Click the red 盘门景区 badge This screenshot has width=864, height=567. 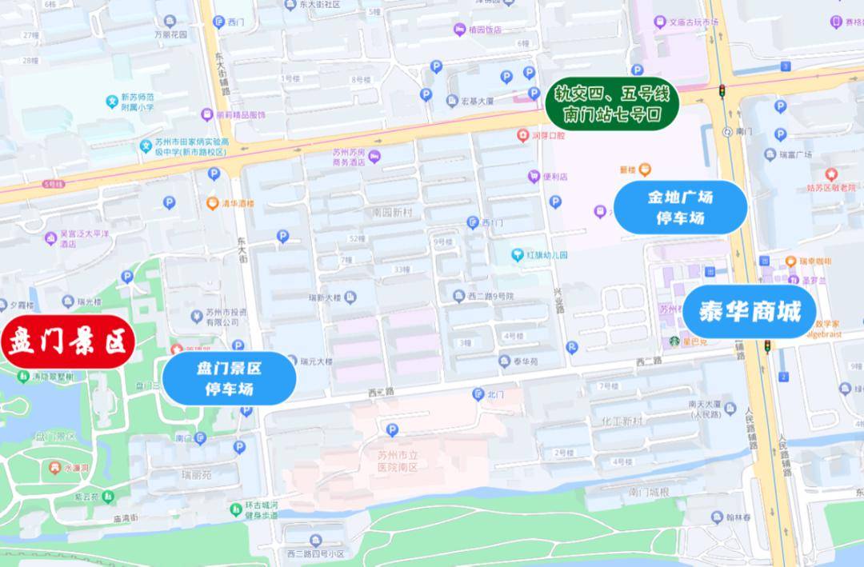click(68, 343)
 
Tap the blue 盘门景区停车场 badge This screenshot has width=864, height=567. click(230, 378)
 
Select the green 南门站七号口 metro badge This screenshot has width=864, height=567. click(613, 105)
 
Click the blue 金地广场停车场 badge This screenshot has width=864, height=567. click(680, 206)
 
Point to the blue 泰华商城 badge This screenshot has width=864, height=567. click(750, 312)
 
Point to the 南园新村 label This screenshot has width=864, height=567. click(392, 214)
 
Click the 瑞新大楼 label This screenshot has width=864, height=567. click(326, 297)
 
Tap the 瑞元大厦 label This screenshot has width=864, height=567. click(316, 361)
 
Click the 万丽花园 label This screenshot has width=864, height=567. click(170, 35)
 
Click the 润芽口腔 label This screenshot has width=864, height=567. click(548, 135)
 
